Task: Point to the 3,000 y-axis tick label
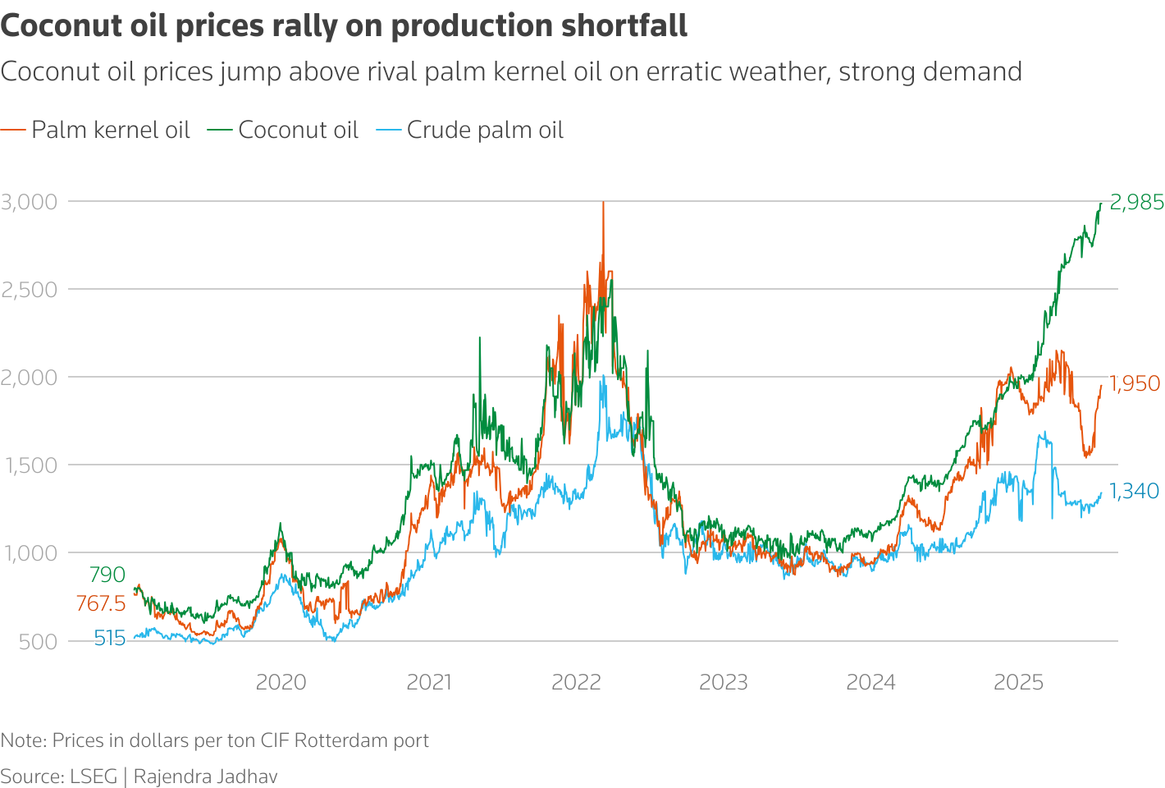coord(30,202)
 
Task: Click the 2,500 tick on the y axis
coord(30,290)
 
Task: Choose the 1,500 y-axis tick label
coord(30,465)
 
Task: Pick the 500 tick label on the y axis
coord(38,642)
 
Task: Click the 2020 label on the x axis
coord(281,682)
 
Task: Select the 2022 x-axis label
coord(576,682)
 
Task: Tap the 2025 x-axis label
coord(1018,682)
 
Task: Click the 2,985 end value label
coord(1136,202)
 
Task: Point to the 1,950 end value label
coord(1135,383)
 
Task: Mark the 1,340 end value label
coord(1134,491)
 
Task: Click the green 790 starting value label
coord(107,575)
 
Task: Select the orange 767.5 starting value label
coord(101,604)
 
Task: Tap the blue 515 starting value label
coord(109,639)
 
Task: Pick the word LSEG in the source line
coord(94,777)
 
